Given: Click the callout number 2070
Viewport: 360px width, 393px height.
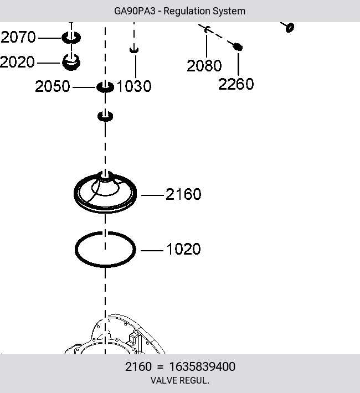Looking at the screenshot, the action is [18, 37].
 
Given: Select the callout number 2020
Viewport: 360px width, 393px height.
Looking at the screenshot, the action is [17, 62].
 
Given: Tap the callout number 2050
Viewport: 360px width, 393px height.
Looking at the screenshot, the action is [53, 86].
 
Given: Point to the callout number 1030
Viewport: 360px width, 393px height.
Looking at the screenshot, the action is [134, 86].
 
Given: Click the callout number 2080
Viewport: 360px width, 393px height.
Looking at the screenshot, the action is [204, 66].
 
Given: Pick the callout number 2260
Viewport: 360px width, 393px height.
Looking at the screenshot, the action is [236, 84].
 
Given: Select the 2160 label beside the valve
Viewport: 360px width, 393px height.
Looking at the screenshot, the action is [183, 194].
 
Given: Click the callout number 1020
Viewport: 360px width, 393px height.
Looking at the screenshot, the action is [183, 249].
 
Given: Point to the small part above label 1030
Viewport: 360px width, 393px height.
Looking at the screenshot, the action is [134, 50].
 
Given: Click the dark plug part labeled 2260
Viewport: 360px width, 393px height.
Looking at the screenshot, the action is [238, 47].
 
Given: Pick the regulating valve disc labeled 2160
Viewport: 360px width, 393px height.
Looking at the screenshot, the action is [105, 210].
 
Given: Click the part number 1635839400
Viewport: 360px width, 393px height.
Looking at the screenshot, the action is [202, 366].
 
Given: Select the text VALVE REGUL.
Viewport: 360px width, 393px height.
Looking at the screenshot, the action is [180, 380].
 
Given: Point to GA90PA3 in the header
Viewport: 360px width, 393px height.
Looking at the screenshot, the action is [135, 11].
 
